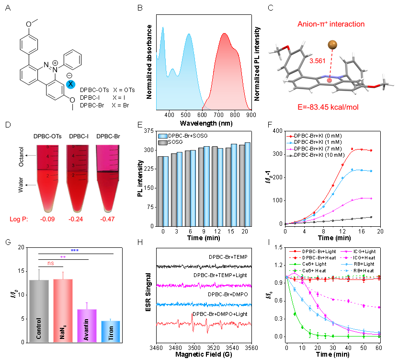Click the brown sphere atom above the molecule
pyautogui.click(x=332, y=45)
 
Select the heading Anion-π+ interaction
pyautogui.click(x=331, y=24)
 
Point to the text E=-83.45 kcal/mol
pyautogui.click(x=328, y=107)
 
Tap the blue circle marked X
pyautogui.click(x=70, y=84)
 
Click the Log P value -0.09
pyautogui.click(x=47, y=219)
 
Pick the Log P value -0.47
pyautogui.click(x=109, y=219)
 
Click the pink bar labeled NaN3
pyautogui.click(x=63, y=310)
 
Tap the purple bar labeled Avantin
pyautogui.click(x=87, y=325)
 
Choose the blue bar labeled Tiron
pyautogui.click(x=111, y=331)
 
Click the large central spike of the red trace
pyautogui.click(x=192, y=318)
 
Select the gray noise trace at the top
pyautogui.click(x=204, y=266)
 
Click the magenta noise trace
pyautogui.click(x=204, y=286)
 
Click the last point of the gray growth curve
pyautogui.click(x=371, y=217)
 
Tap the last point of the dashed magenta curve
pyautogui.click(x=379, y=307)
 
